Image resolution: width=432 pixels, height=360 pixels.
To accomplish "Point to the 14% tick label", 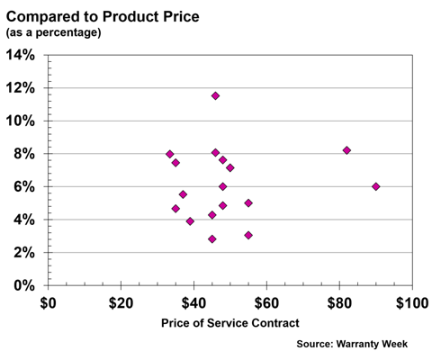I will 21,55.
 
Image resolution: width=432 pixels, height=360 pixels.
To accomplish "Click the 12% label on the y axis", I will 21,88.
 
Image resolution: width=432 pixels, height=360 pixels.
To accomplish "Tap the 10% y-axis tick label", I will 21,121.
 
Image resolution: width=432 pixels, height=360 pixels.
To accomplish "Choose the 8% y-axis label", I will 24,154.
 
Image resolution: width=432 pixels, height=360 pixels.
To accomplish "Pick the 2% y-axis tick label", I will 24,253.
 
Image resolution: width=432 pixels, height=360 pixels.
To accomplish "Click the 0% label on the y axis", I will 24,285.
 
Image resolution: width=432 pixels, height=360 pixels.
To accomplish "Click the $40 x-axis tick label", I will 193,302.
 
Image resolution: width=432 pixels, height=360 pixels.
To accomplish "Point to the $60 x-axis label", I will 266,302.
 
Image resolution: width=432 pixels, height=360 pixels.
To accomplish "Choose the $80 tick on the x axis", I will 339,302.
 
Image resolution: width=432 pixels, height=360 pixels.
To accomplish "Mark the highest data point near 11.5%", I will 215,95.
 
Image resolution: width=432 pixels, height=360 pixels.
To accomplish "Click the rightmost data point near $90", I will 376,186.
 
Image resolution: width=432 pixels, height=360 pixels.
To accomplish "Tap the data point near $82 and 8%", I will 346,150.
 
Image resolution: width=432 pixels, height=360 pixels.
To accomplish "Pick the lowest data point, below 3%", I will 212,238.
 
